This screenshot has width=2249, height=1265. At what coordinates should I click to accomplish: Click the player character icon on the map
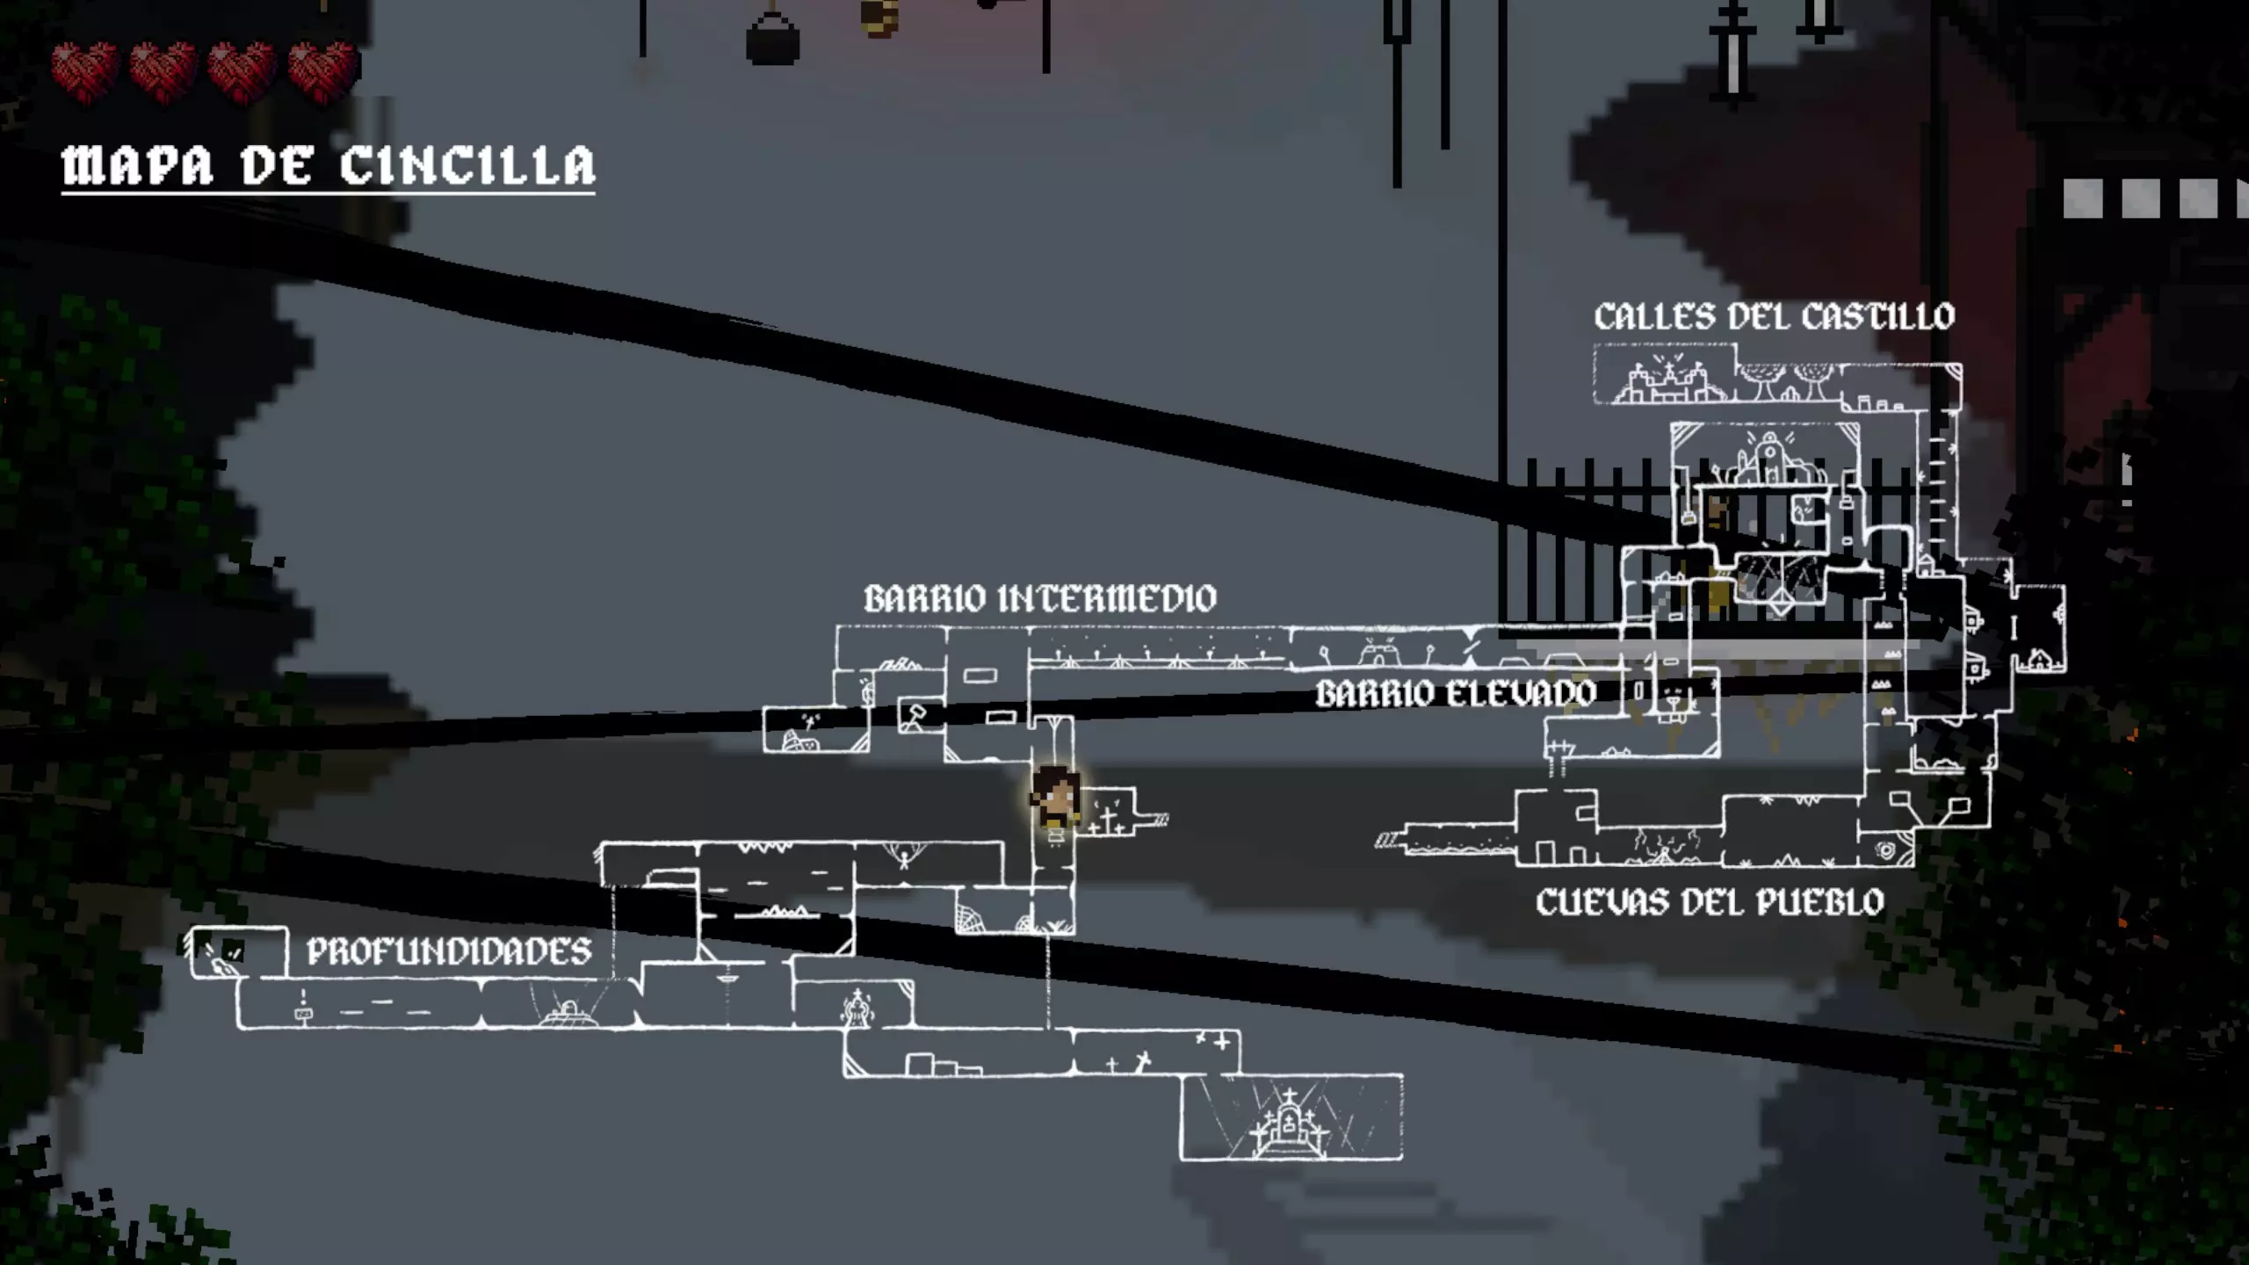[1055, 798]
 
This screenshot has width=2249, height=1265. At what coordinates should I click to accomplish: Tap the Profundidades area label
[448, 951]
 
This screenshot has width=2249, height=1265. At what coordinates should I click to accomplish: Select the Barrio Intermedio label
[1040, 598]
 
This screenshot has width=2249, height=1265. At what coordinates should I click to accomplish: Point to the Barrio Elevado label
[1455, 694]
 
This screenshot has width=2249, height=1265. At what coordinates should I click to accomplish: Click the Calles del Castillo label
[1774, 316]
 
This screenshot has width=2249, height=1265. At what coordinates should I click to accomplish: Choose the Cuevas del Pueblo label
[1710, 902]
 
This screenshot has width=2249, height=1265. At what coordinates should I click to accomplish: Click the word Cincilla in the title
[467, 165]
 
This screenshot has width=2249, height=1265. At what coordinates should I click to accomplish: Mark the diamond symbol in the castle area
[1780, 605]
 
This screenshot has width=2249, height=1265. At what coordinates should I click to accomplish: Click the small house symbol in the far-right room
[2039, 657]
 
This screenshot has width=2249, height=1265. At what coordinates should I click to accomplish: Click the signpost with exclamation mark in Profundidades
[303, 1008]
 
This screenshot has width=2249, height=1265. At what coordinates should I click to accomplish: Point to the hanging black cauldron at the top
[772, 40]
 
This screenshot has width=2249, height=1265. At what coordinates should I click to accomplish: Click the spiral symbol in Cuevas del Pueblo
[1884, 849]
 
